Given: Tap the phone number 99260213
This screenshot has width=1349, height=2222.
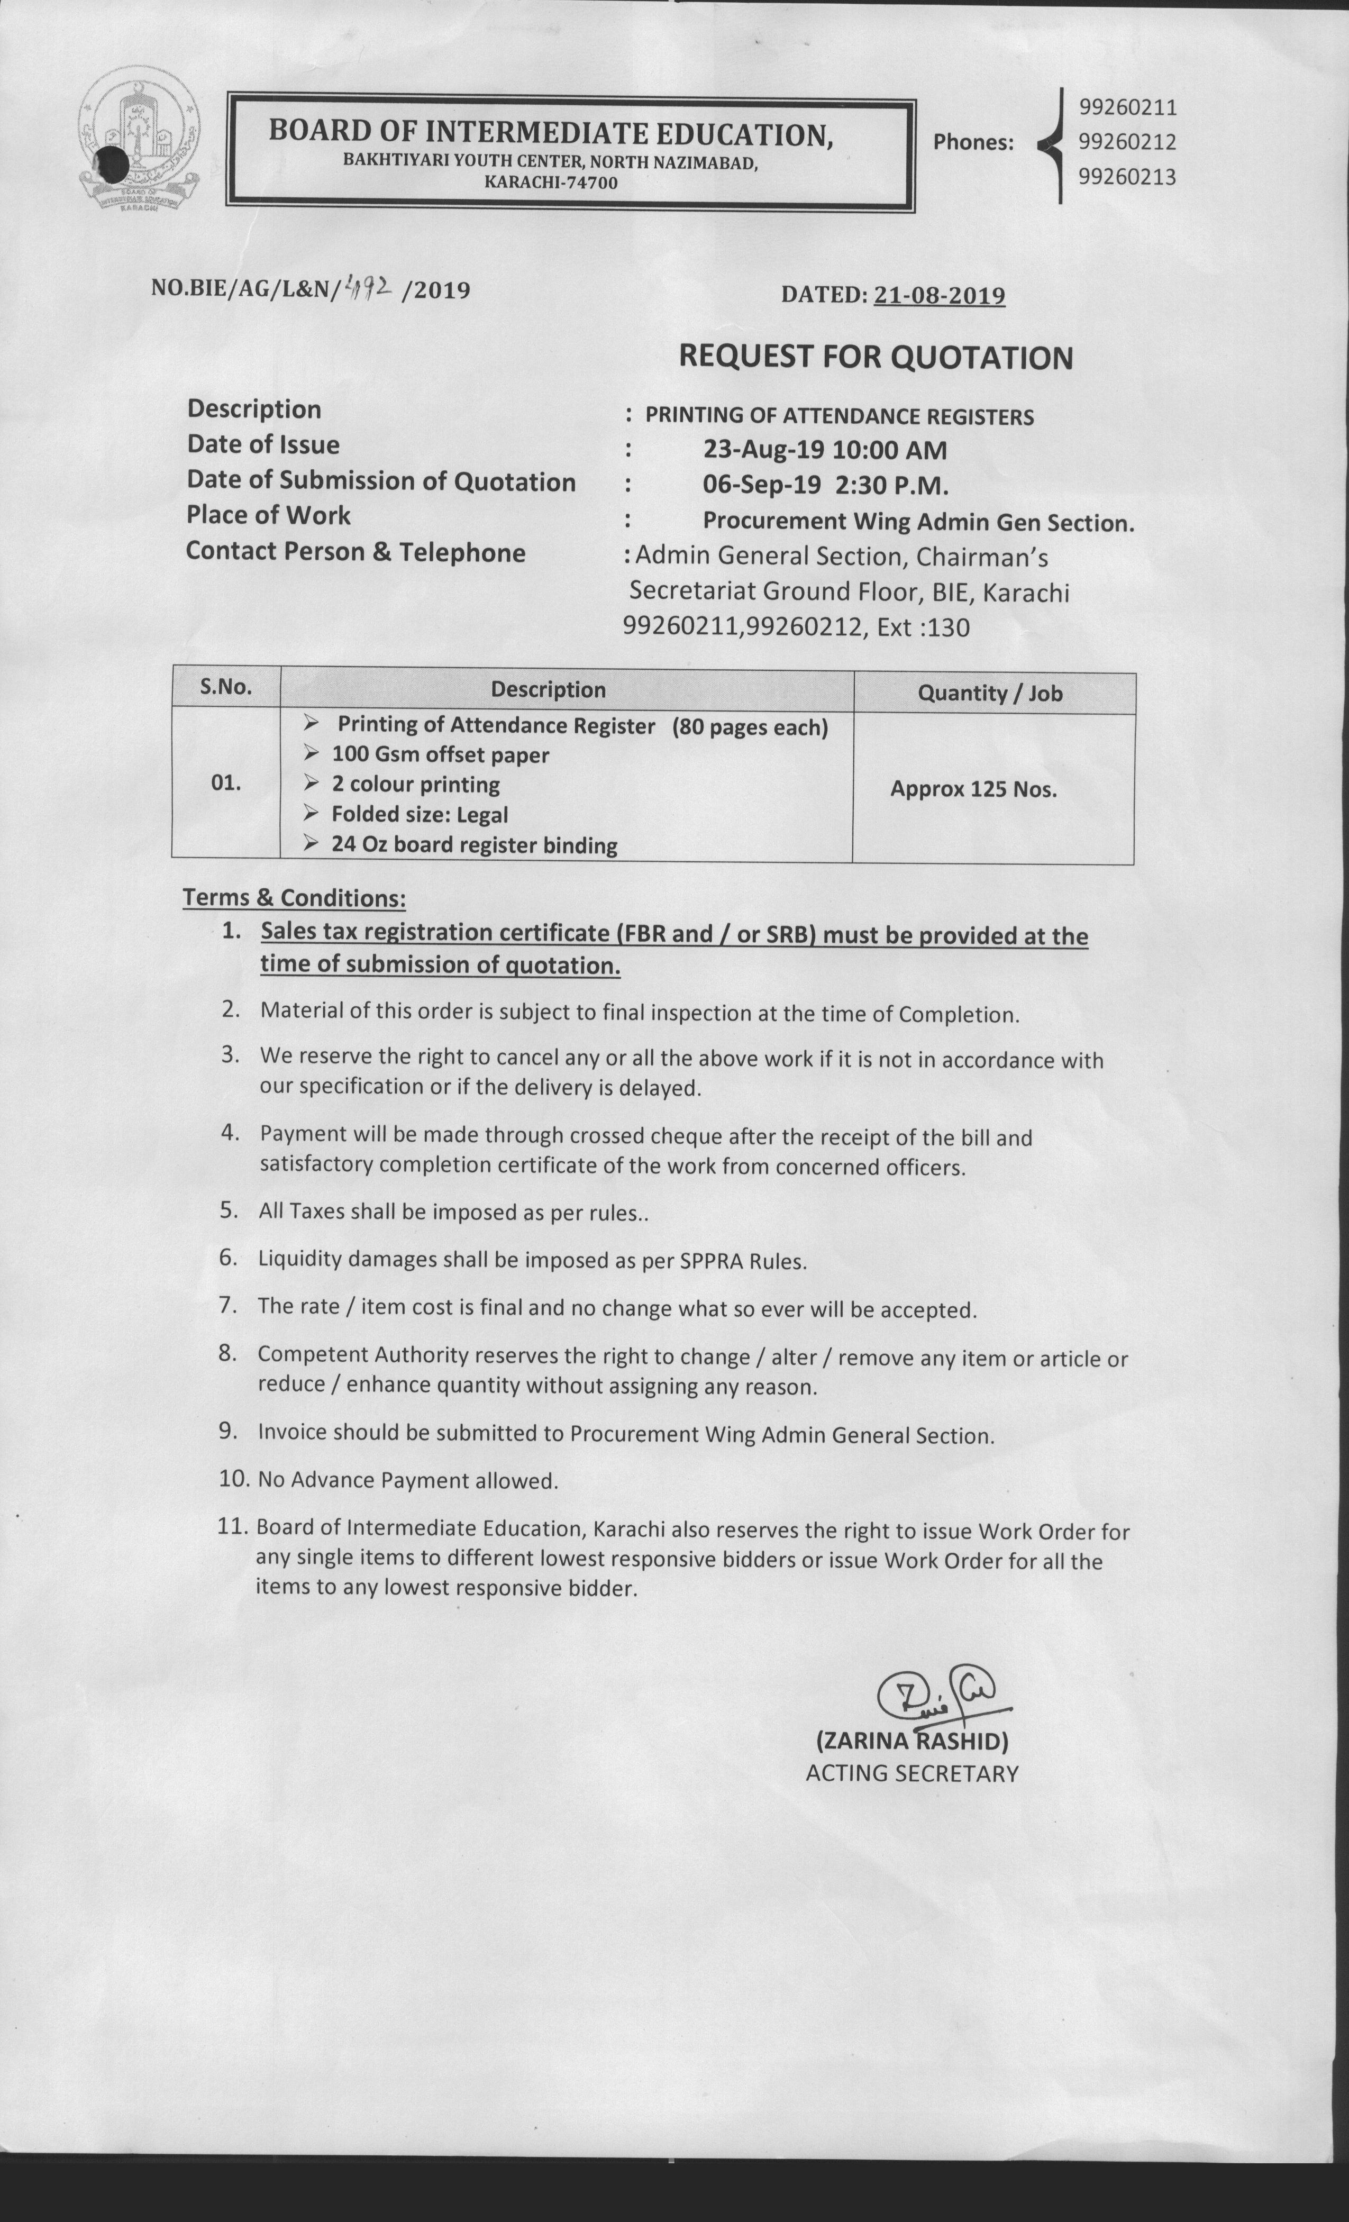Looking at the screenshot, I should pos(1127,177).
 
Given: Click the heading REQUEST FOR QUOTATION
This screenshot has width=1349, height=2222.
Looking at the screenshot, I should pos(876,357).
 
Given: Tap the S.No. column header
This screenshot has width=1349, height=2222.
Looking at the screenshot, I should pos(225,687).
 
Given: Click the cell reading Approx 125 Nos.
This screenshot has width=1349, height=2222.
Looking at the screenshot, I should pos(973,789).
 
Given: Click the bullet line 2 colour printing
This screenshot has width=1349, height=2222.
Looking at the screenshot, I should pos(415,785).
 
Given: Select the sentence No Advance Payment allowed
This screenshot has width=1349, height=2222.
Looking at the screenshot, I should pos(407,1480).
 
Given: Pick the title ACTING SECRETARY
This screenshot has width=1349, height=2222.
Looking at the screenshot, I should pos(912,1773).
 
